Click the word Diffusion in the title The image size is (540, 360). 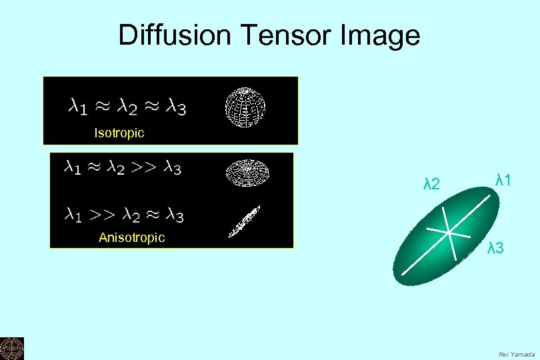pyautogui.click(x=173, y=35)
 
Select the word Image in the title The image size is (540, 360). pyautogui.click(x=381, y=36)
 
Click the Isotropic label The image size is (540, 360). pyautogui.click(x=119, y=133)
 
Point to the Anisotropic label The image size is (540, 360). pyautogui.click(x=131, y=237)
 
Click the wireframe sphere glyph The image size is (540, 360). pyautogui.click(x=245, y=107)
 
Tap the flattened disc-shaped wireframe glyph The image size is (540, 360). pyautogui.click(x=246, y=172)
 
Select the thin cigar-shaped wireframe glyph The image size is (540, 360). pyautogui.click(x=244, y=221)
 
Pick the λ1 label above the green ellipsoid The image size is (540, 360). pyautogui.click(x=503, y=179)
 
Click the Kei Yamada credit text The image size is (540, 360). pyautogui.click(x=517, y=354)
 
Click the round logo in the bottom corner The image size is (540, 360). pyautogui.click(x=11, y=349)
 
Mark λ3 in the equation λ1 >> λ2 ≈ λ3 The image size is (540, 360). pyautogui.click(x=174, y=215)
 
